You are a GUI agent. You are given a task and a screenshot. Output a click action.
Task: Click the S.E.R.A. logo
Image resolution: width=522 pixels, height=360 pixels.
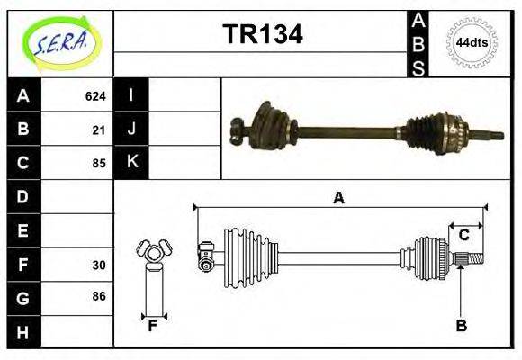coord(61,42)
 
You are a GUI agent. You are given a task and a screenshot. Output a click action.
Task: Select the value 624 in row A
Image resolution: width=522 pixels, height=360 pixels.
coord(95,95)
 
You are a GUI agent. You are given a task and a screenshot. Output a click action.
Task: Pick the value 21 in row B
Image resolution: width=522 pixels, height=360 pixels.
coord(99,130)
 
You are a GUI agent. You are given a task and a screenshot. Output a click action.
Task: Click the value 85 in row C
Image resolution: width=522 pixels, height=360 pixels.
coord(99,164)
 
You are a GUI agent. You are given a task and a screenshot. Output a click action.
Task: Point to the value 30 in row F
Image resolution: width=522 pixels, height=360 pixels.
coord(99,265)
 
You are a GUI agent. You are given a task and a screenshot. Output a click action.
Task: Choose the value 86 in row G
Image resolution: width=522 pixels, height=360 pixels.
coord(99,296)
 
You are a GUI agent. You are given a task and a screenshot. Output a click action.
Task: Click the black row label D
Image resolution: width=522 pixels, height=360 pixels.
coord(23,196)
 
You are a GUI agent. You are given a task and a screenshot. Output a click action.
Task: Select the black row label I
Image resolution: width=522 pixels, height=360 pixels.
coord(132,95)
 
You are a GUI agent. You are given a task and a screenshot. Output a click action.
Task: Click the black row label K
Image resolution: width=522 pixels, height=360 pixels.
coord(132,162)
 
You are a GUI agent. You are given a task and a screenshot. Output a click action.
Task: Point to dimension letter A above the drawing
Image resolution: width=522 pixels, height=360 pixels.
coord(338,197)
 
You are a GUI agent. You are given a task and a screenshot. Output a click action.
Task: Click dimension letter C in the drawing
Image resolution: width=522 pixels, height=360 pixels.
coord(464,235)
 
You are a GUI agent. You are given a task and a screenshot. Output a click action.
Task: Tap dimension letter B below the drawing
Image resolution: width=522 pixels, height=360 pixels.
coord(462,327)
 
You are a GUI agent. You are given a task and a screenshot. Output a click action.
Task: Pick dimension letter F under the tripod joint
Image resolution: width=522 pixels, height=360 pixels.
coord(153,326)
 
